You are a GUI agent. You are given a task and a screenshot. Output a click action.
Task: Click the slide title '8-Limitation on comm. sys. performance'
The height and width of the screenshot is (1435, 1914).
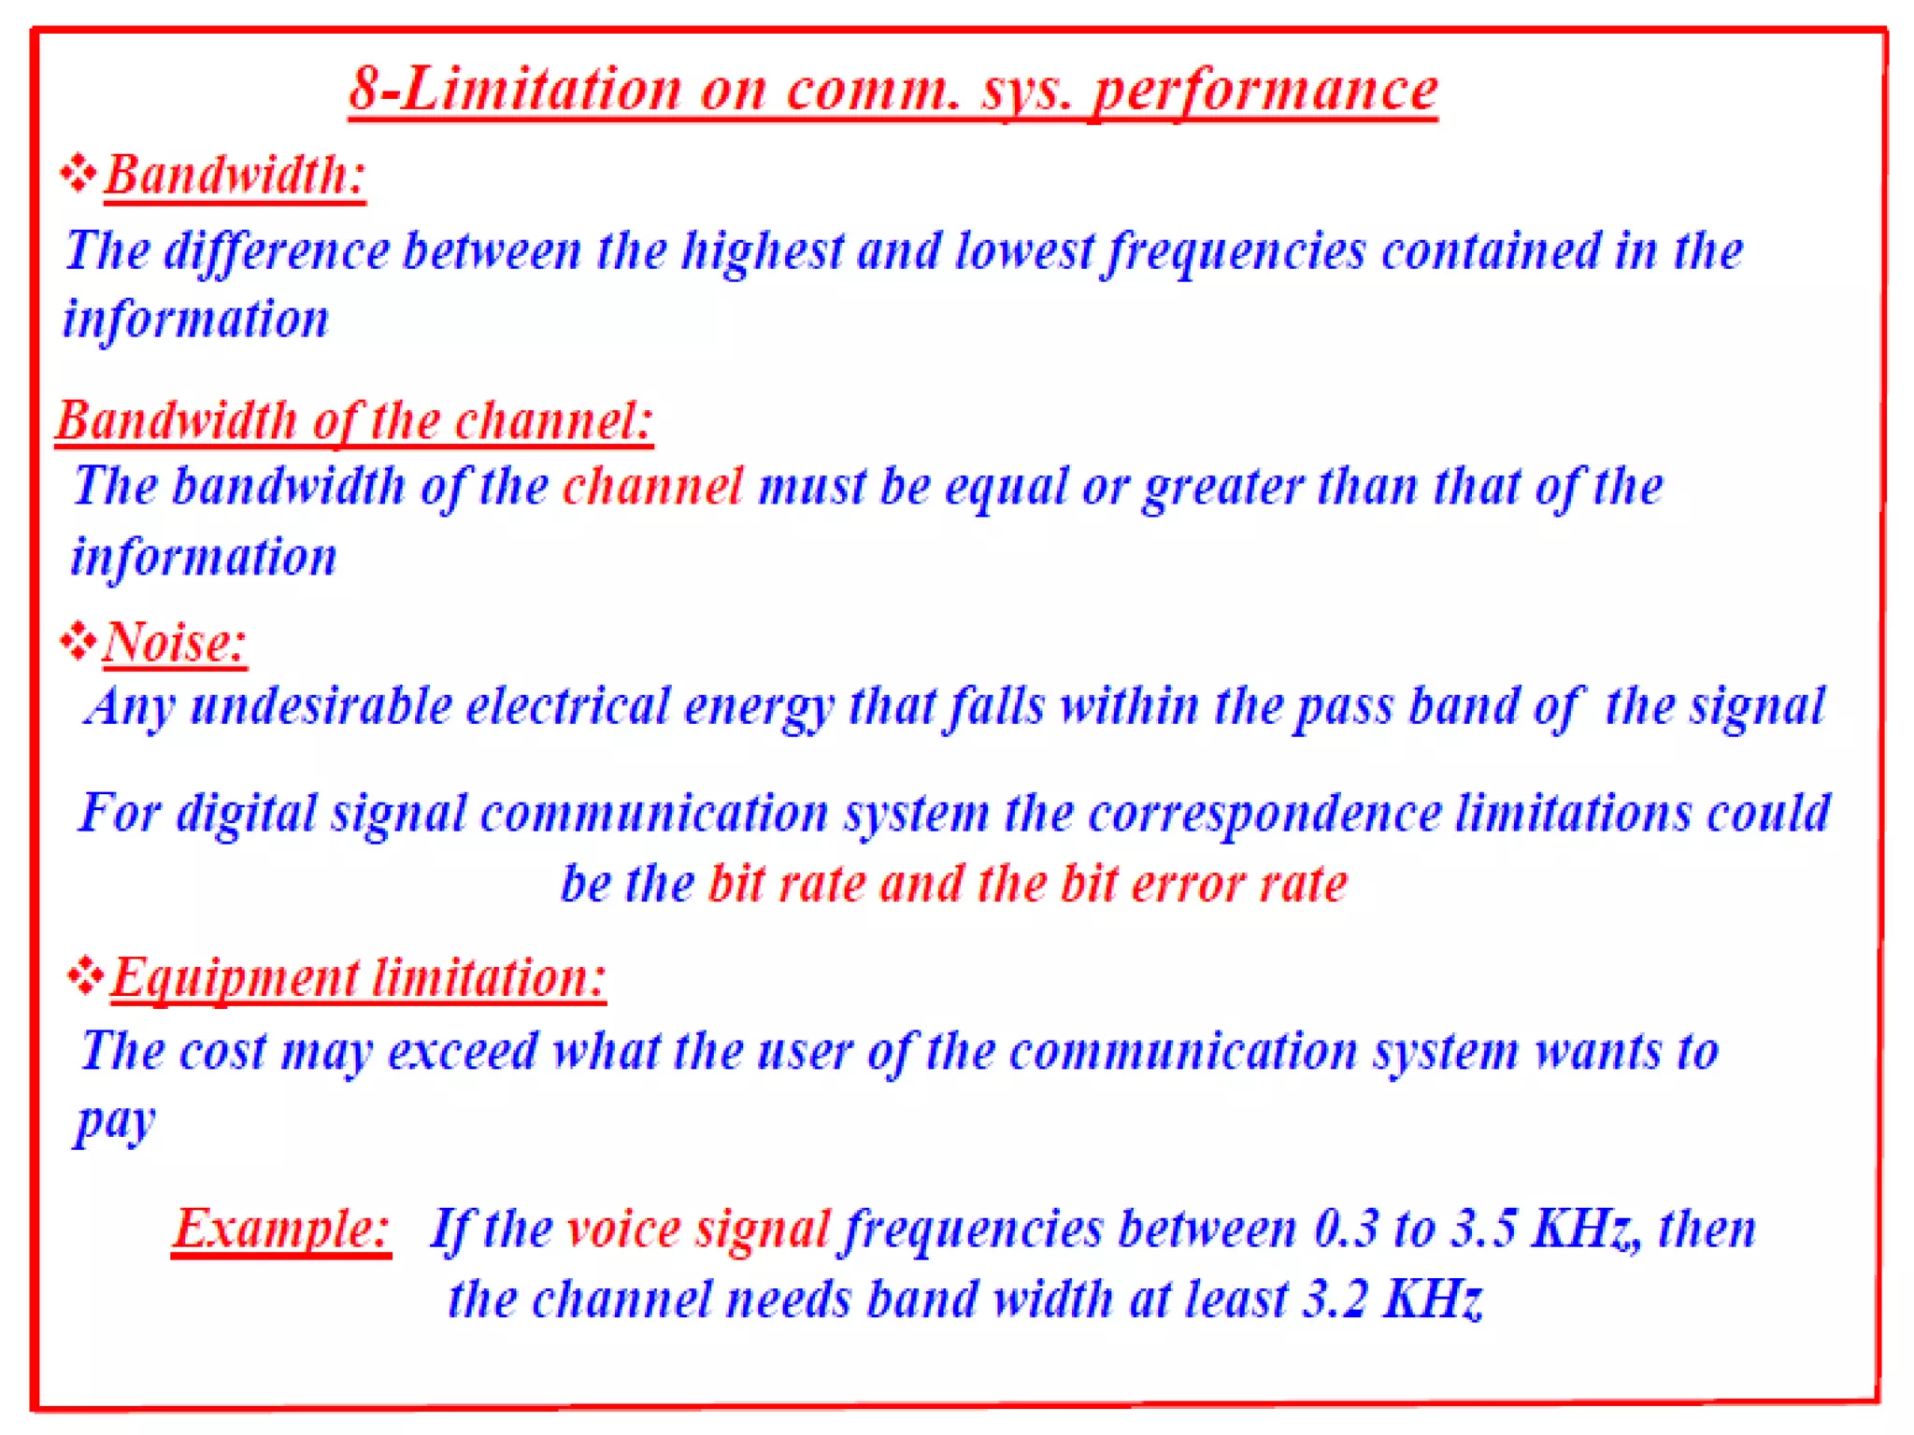click(893, 91)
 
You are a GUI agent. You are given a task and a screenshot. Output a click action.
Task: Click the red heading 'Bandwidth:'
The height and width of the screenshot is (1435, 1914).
click(234, 175)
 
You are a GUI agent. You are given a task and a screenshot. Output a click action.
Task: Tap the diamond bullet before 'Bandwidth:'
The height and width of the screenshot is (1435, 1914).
click(79, 173)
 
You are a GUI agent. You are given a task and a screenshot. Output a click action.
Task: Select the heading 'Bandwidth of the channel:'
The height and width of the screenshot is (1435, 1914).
click(354, 420)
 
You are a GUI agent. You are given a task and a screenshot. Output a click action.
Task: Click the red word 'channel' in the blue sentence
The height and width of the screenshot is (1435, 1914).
click(652, 487)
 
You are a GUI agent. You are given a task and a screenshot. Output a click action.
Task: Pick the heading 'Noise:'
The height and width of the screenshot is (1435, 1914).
click(175, 643)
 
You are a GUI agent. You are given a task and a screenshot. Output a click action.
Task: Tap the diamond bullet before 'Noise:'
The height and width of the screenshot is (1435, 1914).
click(79, 641)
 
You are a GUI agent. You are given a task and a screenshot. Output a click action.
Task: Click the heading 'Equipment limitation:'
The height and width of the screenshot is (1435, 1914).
click(359, 978)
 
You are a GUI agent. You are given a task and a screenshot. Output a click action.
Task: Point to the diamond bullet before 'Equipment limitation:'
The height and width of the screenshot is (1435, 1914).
click(86, 975)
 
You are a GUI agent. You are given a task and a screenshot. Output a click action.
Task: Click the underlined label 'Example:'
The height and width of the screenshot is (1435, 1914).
click(281, 1229)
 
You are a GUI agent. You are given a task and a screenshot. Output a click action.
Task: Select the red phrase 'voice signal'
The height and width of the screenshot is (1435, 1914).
click(698, 1229)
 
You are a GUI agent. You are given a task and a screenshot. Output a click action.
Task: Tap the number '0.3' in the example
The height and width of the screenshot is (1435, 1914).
click(1346, 1229)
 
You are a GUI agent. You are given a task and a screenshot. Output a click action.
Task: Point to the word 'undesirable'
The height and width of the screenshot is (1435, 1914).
click(321, 706)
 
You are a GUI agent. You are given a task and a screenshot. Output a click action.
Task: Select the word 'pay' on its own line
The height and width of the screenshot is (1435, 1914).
click(115, 1122)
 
